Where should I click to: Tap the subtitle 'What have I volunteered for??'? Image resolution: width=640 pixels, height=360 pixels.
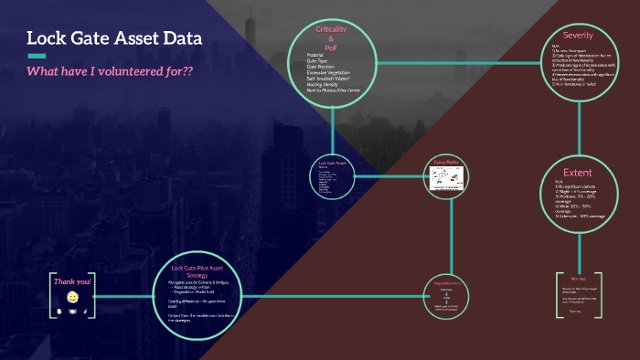pyautogui.click(x=110, y=71)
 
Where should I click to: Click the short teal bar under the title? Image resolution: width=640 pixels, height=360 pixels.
pyautogui.click(x=37, y=56)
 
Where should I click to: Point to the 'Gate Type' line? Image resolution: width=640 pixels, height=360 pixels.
pyautogui.click(x=320, y=60)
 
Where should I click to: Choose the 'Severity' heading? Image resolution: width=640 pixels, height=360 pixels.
pyautogui.click(x=578, y=35)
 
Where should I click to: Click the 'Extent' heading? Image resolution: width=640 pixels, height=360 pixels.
pyautogui.click(x=578, y=172)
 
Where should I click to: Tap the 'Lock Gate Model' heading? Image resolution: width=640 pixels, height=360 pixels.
pyautogui.click(x=329, y=163)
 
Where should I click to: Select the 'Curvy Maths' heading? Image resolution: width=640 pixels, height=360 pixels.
pyautogui.click(x=444, y=163)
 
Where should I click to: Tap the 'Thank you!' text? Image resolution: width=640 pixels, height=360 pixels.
pyautogui.click(x=72, y=282)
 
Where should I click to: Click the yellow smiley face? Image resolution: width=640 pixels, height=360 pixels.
pyautogui.click(x=72, y=297)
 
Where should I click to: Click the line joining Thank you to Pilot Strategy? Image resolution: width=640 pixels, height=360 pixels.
pyautogui.click(x=123, y=294)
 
